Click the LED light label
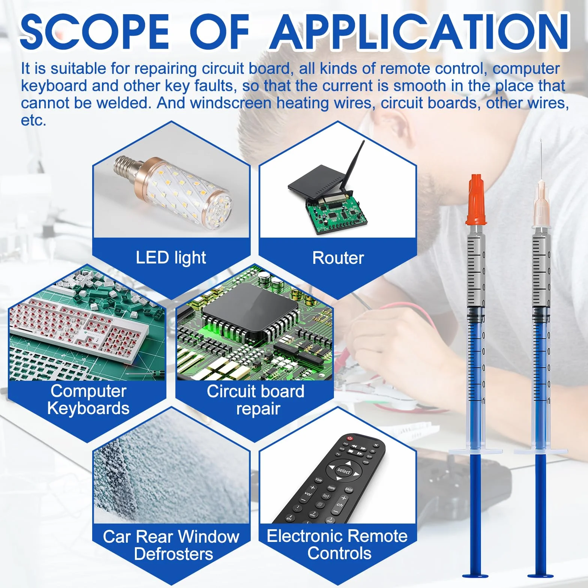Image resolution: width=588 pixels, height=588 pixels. point(171,258)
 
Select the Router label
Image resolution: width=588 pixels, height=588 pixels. point(338,258)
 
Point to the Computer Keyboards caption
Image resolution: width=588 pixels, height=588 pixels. point(88,399)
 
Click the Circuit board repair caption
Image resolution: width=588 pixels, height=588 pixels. point(256,400)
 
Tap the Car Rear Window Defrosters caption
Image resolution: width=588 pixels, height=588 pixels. point(171,545)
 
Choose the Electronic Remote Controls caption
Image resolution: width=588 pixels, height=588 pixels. point(337,545)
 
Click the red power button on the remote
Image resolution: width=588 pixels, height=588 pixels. point(350,438)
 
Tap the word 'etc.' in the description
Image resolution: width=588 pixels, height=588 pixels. point(33,121)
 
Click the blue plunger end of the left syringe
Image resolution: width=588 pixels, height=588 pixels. point(475,576)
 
